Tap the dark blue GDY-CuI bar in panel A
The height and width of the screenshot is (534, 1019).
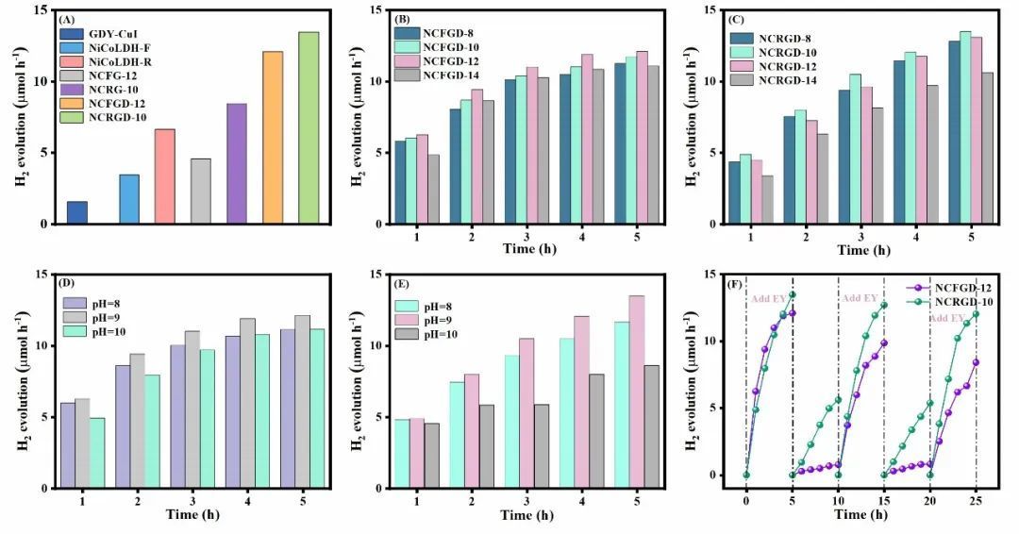(x=77, y=212)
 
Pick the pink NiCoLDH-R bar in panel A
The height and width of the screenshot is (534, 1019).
(x=164, y=176)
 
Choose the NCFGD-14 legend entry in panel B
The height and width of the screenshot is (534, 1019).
(x=430, y=75)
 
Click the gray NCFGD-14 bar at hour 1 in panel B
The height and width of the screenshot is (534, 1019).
(x=432, y=189)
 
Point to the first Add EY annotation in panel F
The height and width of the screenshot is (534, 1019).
(x=770, y=299)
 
